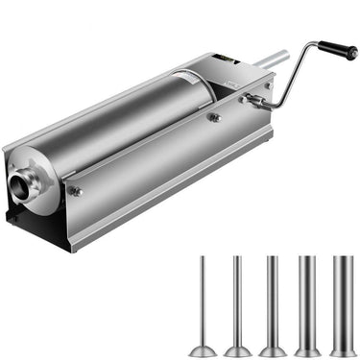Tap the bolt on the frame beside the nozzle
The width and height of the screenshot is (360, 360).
coord(77,192)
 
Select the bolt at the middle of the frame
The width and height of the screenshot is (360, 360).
coord(215,117)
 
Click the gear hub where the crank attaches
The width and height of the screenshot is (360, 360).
coord(254,100)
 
